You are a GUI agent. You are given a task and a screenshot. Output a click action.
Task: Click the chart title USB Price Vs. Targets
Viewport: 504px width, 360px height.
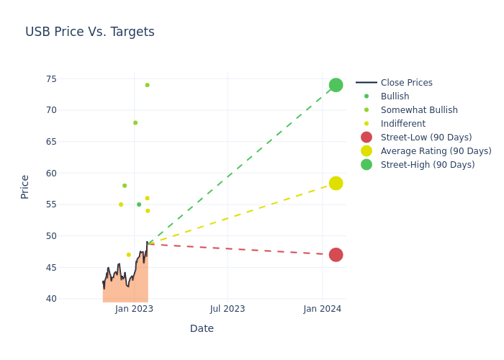90,32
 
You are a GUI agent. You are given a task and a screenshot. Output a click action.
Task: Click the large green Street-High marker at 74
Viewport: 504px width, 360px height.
336,85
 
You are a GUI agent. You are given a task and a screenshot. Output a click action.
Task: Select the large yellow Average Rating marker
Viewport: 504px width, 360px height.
336,184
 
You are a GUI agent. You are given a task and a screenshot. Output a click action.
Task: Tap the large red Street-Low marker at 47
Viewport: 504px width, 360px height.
336,255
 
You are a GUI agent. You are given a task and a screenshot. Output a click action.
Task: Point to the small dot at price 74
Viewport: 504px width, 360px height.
147,85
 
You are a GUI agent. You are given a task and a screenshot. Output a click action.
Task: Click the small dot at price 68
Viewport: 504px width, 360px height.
135,123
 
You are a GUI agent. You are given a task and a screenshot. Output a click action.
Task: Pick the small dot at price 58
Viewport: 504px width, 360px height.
125,186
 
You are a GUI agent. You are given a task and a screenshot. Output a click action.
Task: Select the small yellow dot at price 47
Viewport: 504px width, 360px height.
129,255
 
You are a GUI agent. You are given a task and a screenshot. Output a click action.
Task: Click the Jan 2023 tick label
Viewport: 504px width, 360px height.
134,309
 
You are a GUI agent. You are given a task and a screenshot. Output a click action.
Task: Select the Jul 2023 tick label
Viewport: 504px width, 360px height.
228,309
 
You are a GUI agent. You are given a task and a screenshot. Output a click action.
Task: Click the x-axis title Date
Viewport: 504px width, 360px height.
202,329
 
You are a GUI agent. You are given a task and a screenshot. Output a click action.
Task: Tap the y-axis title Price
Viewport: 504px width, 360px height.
25,186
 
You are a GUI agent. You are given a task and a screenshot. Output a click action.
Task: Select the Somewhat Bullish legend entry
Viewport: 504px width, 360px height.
419,110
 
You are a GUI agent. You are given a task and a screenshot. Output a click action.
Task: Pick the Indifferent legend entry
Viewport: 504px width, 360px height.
402,124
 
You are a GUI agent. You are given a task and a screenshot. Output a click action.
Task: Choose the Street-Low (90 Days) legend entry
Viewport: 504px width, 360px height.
426,138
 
